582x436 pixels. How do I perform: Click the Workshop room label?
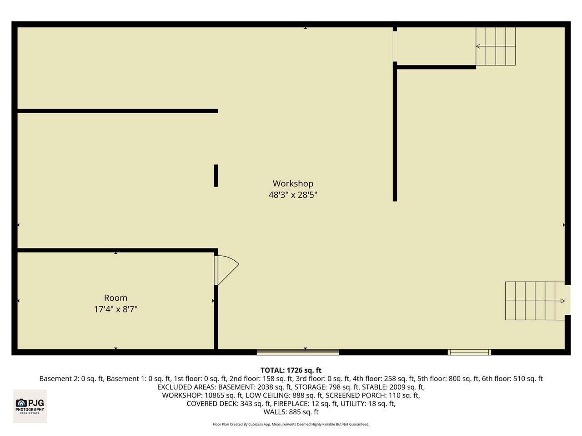tap(293, 183)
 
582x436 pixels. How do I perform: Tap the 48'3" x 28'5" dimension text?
tap(293, 195)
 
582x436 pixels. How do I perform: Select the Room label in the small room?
tap(115, 298)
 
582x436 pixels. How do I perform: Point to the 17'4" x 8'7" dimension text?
tap(115, 309)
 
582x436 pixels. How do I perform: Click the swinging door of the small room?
tap(226, 270)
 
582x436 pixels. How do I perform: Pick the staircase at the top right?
tap(496, 46)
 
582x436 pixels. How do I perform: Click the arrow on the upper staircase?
tap(478, 46)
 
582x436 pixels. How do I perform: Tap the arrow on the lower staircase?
tap(562, 301)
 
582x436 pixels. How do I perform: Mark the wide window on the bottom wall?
tap(298, 352)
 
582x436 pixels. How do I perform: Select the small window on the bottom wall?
tap(469, 352)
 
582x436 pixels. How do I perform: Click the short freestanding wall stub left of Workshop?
tap(216, 175)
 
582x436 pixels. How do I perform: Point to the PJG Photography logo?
tap(30, 406)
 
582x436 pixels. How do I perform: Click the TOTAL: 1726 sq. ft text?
tap(291, 370)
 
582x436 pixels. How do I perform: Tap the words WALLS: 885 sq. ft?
tap(291, 412)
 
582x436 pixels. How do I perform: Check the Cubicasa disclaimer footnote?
tap(291, 424)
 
